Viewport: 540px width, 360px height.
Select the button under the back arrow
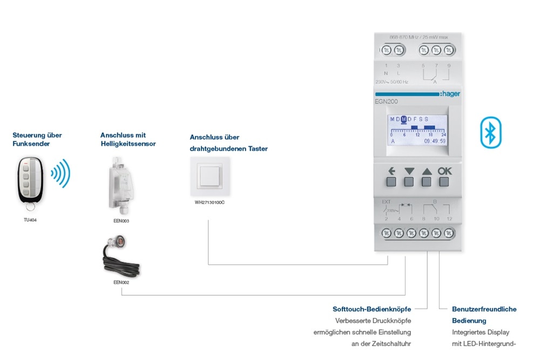391,182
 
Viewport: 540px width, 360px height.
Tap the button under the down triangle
409,182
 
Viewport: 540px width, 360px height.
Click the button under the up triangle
427,182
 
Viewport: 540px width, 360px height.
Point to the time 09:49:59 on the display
435,141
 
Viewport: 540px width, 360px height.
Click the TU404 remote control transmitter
30,181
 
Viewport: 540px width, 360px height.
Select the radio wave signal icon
60,173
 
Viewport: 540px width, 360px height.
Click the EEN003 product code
122,221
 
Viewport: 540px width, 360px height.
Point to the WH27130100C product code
210,203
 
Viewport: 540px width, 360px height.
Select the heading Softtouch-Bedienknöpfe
372,309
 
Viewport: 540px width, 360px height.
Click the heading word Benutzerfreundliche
484,309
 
